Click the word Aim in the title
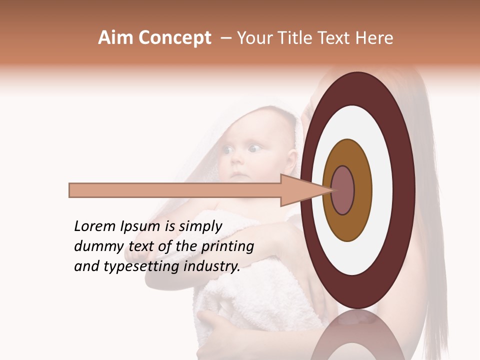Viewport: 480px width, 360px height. (115, 38)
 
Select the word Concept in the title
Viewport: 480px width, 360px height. (174, 38)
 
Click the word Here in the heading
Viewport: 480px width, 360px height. (373, 38)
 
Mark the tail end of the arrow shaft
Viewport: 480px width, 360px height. (71, 190)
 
